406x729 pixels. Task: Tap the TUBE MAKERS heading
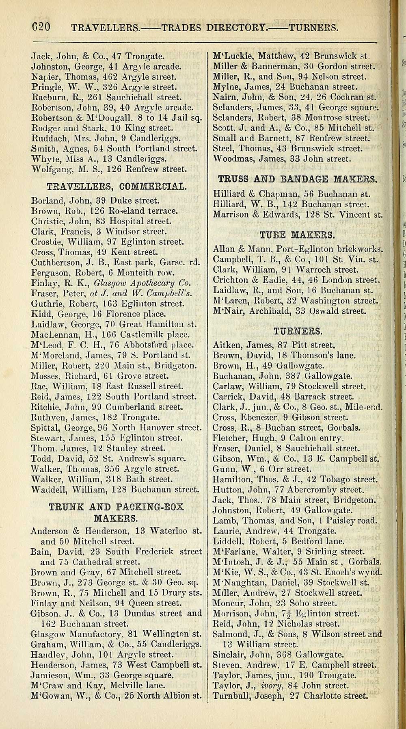tap(297, 235)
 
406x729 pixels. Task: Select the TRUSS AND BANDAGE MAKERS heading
tap(298, 178)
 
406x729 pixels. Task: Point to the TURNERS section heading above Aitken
tap(298, 320)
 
